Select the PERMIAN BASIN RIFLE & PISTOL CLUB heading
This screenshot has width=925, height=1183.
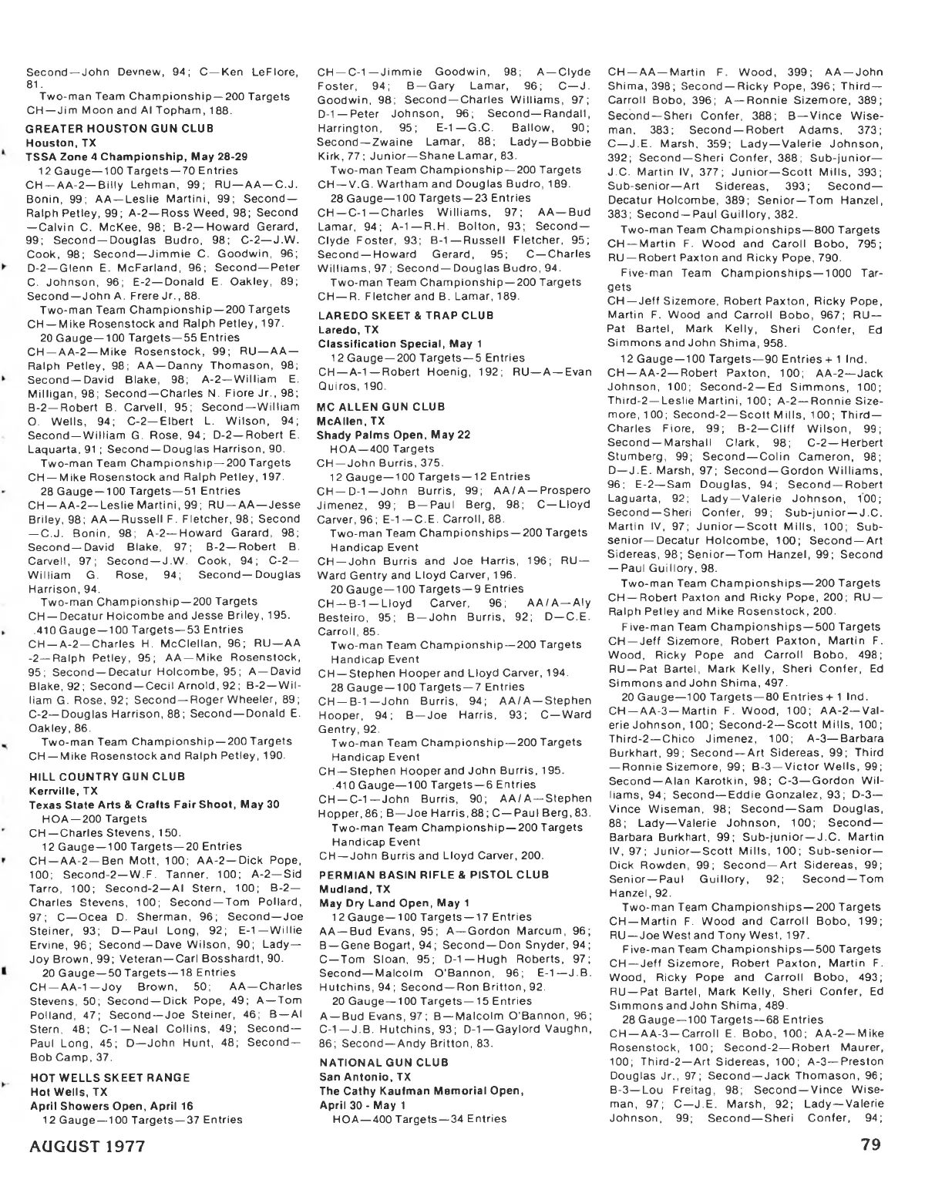coord(434,874)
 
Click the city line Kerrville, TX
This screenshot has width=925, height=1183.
coord(63,791)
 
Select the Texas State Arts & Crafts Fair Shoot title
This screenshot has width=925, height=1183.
coord(153,805)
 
